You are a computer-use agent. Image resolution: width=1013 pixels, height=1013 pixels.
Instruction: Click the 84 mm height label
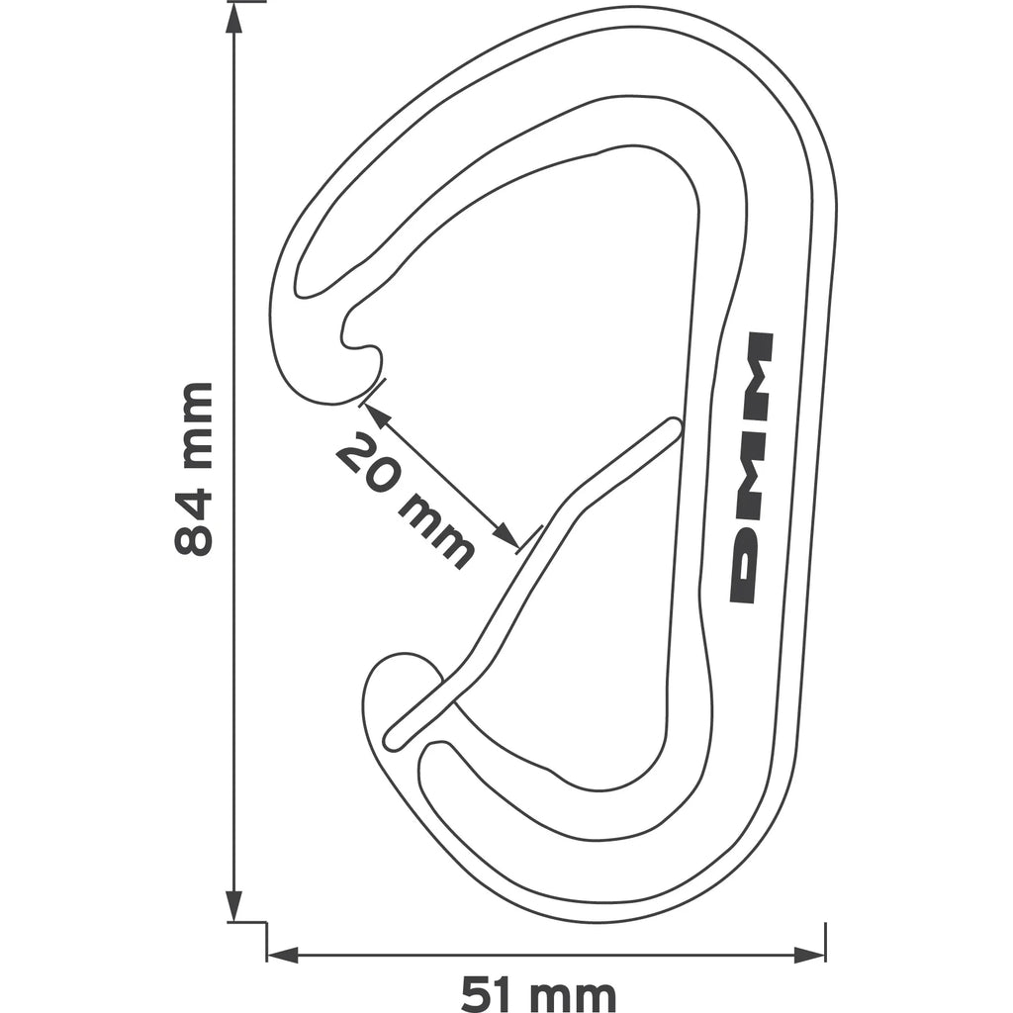pos(193,469)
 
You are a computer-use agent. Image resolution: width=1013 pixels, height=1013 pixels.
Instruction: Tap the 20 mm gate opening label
pos(405,499)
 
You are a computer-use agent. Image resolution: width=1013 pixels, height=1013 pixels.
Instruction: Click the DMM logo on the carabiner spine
pos(751,468)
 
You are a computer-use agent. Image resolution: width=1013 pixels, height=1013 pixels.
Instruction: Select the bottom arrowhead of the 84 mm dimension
pos(233,906)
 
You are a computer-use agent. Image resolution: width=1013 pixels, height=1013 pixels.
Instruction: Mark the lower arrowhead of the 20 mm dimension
pos(506,533)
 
